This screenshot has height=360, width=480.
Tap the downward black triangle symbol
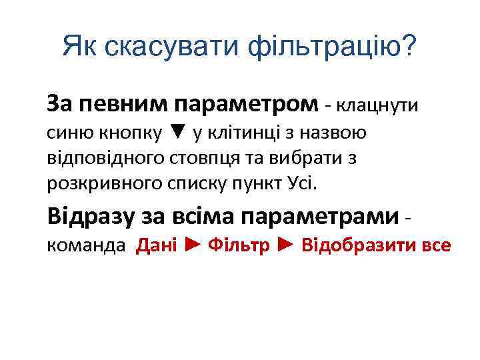pyautogui.click(x=175, y=132)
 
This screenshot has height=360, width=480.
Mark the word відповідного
pyautogui.click(x=94, y=157)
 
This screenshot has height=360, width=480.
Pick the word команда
pyautogui.click(x=86, y=246)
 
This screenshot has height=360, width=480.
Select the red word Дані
pyautogui.click(x=156, y=246)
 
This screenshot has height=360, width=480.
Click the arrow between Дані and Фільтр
pyautogui.click(x=192, y=245)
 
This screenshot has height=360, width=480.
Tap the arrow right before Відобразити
pyautogui.click(x=285, y=245)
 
